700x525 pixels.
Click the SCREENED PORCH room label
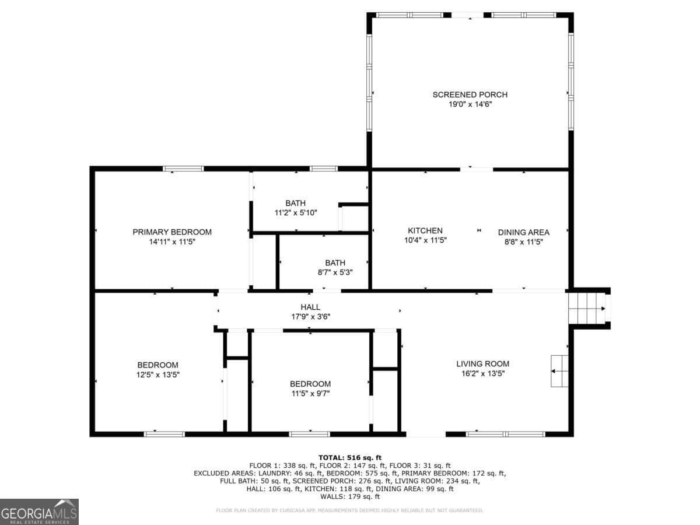pos(470,94)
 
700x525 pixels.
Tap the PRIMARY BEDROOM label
pos(172,232)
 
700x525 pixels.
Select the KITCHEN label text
pos(425,230)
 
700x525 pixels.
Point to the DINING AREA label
pos(523,232)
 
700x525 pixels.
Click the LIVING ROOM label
pos(482,364)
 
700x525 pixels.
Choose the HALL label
pos(310,307)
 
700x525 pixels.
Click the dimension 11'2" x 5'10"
pos(295,213)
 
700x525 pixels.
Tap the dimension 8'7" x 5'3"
pos(335,272)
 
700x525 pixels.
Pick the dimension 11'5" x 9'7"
pos(310,393)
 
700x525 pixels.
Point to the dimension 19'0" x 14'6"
pos(470,104)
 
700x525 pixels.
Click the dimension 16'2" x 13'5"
pos(482,373)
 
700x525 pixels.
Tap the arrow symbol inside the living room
pos(559,370)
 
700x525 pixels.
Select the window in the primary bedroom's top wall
pos(183,169)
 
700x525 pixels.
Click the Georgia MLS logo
pos(39,512)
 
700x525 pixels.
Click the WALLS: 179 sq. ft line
pos(350,497)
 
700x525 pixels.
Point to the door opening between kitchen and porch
pos(477,169)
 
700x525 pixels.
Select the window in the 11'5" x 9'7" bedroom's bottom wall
pos(309,433)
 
